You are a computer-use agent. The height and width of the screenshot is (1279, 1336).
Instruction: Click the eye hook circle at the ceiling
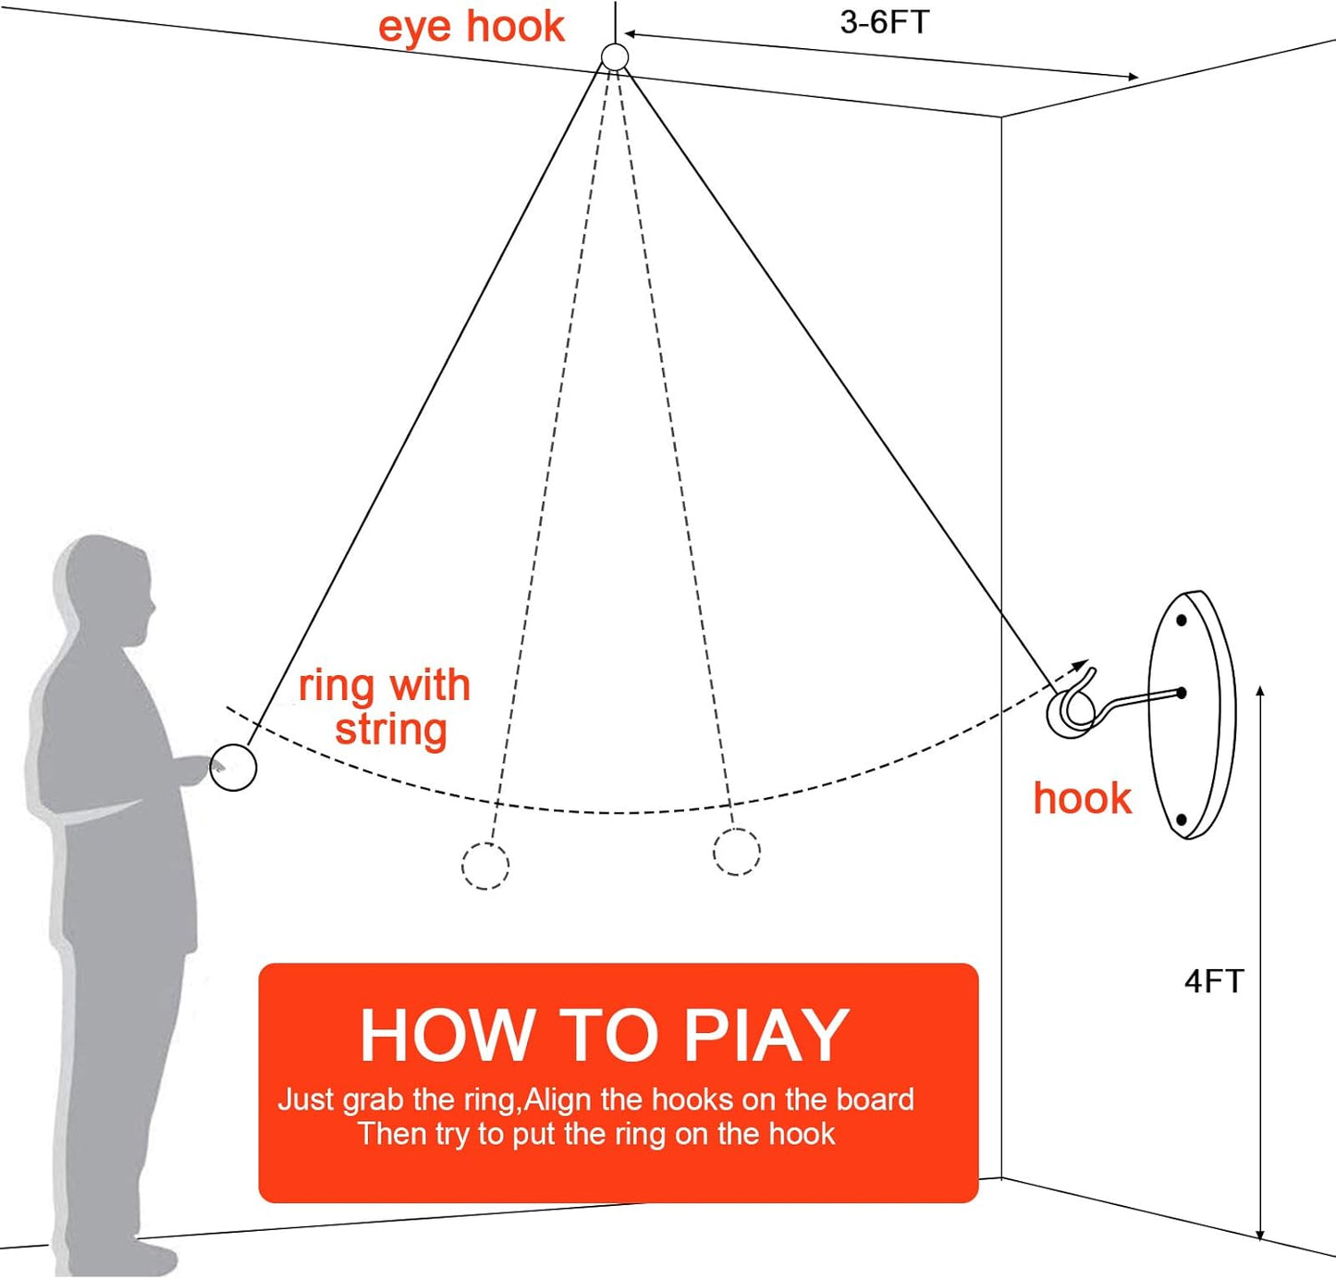(615, 57)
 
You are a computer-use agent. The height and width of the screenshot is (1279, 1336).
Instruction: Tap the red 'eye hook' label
(471, 27)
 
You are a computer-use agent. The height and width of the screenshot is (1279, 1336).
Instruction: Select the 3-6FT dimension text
(884, 22)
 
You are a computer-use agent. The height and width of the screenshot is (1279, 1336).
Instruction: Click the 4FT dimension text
(1213, 981)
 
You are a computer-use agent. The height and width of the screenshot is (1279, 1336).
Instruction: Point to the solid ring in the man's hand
(233, 768)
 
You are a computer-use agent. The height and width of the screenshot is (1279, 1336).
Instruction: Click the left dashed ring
(485, 866)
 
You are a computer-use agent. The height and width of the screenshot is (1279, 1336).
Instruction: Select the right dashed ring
(736, 852)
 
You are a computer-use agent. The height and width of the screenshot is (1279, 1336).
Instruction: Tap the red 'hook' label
(1082, 799)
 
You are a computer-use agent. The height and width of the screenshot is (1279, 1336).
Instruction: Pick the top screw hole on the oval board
(1181, 620)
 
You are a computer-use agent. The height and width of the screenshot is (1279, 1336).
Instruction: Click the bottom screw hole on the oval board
(1181, 819)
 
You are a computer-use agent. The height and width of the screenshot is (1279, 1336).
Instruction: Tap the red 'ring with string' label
(386, 708)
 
